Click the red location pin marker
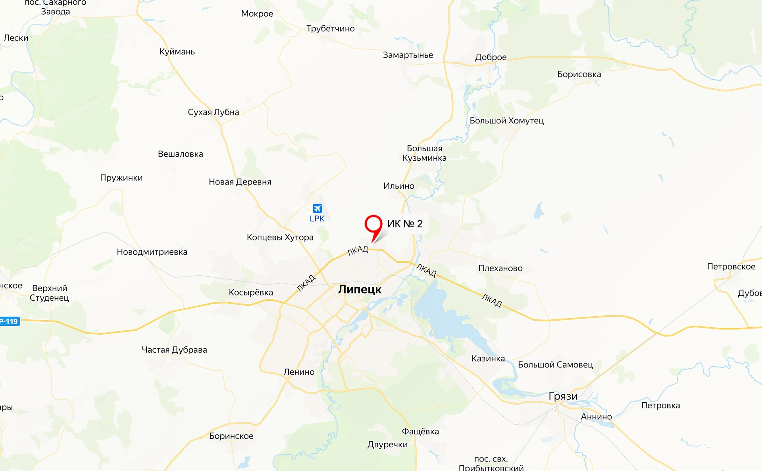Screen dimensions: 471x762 point(373,225)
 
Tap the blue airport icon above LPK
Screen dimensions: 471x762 point(317,208)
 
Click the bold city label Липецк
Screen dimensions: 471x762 point(360,289)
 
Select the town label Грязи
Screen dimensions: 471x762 point(563,396)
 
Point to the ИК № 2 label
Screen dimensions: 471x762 point(405,224)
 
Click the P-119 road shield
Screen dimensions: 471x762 point(10,321)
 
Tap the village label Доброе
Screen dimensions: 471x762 point(491,57)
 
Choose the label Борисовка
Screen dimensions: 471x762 point(579,74)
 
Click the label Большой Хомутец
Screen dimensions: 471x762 point(506,121)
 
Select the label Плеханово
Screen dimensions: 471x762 point(500,268)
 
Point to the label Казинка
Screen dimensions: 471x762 point(488,359)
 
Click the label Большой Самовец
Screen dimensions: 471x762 point(555,365)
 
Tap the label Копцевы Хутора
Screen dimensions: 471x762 point(280,237)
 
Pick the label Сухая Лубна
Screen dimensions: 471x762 point(213,112)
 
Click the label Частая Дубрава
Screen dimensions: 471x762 point(174,350)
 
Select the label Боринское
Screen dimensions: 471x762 point(231,436)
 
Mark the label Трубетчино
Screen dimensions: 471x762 point(330,29)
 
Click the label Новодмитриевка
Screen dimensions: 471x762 point(152,252)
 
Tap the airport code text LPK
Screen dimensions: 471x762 point(317,219)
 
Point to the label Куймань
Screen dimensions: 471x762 point(177,52)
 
